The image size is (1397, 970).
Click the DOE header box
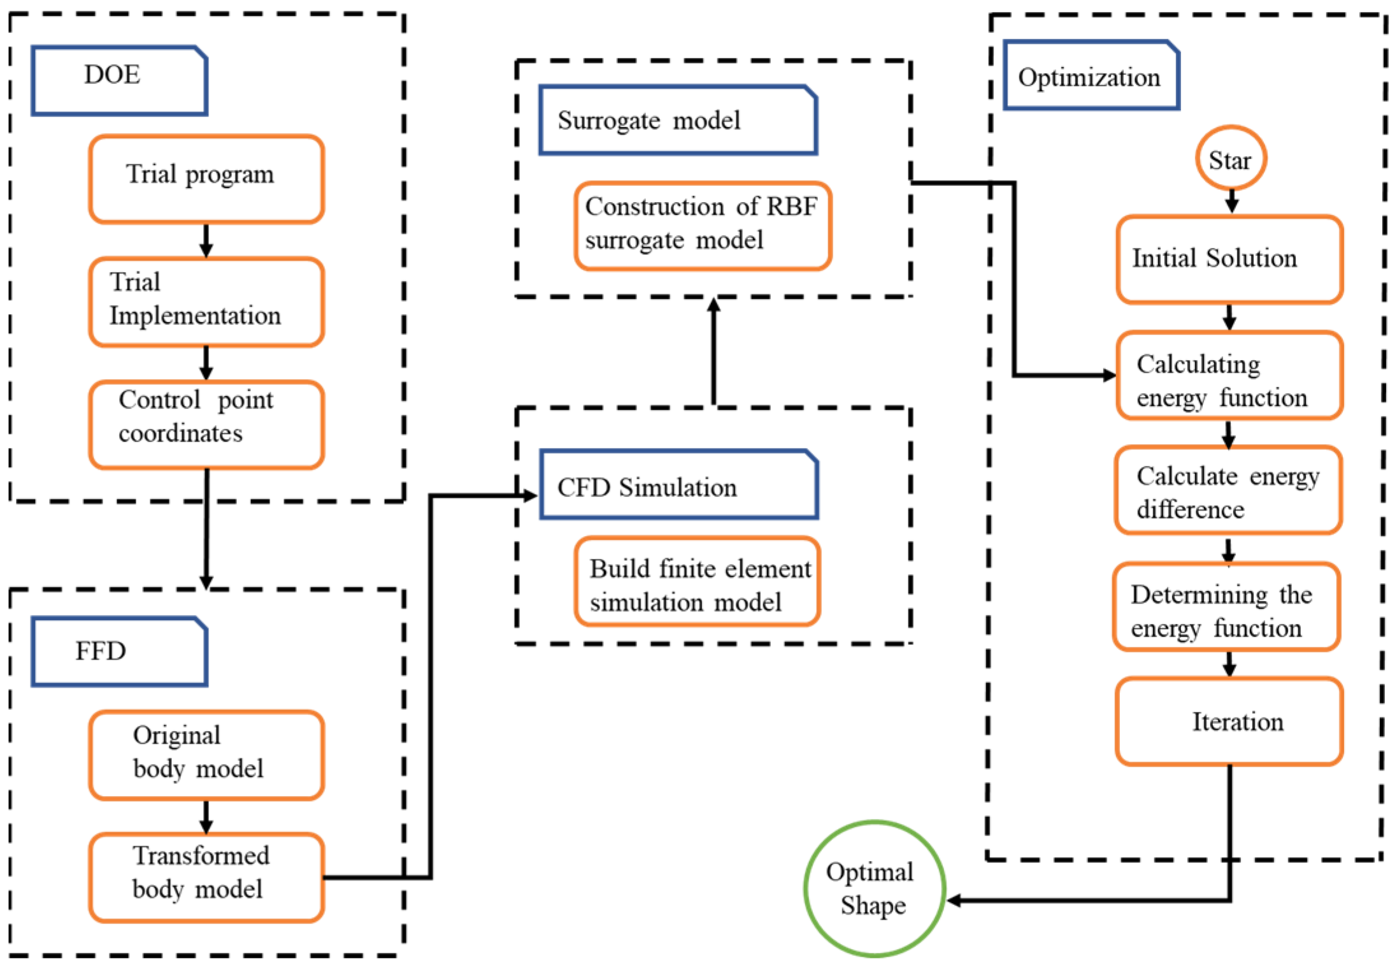tap(120, 80)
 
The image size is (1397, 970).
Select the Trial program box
tap(206, 179)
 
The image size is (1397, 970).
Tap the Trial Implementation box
tap(206, 301)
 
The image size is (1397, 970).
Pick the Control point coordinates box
tap(206, 424)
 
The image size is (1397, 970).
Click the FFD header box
tap(120, 651)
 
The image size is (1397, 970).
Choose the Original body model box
tap(206, 755)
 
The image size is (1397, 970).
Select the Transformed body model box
tap(206, 878)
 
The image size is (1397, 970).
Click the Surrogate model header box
tap(678, 120)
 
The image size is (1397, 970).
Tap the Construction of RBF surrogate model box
tap(703, 226)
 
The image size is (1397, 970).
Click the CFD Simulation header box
tap(679, 484)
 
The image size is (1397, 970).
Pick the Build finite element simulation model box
tap(698, 581)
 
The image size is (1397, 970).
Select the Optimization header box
tap(1092, 75)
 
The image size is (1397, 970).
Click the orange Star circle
tap(1231, 158)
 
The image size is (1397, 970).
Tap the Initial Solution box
tap(1229, 259)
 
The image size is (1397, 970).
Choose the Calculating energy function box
tap(1229, 375)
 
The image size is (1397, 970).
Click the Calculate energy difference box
tap(1228, 490)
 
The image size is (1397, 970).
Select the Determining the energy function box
tap(1227, 607)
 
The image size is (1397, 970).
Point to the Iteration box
tap(1229, 721)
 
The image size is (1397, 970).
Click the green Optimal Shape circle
tap(875, 888)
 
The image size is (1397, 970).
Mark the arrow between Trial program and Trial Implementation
tap(206, 240)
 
